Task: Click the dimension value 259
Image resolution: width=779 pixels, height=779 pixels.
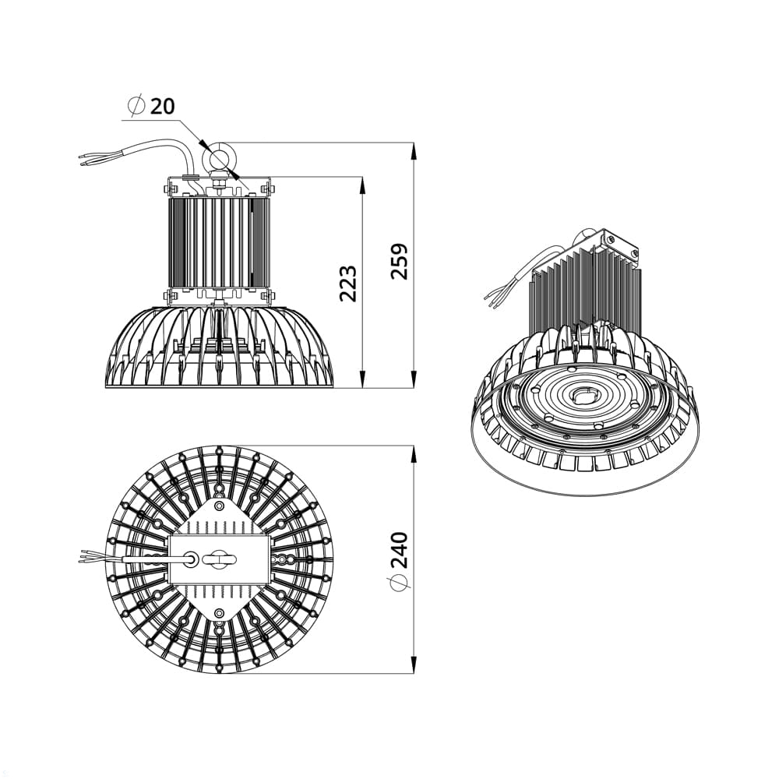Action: [x=399, y=261]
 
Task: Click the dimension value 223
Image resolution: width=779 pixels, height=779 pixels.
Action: [x=347, y=284]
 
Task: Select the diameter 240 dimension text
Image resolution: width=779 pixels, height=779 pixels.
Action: [x=399, y=551]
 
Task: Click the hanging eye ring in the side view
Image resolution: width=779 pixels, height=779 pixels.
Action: [x=217, y=158]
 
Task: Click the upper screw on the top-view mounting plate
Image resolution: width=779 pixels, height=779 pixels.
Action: [x=219, y=506]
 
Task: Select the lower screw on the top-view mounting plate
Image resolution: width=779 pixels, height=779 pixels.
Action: [x=219, y=612]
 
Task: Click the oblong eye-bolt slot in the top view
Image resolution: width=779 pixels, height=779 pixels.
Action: [x=219, y=559]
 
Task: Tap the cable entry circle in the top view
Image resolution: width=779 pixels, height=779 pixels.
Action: [x=191, y=559]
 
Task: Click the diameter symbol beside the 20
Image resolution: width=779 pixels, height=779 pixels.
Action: [x=136, y=105]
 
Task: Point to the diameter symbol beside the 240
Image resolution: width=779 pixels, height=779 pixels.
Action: [x=399, y=582]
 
